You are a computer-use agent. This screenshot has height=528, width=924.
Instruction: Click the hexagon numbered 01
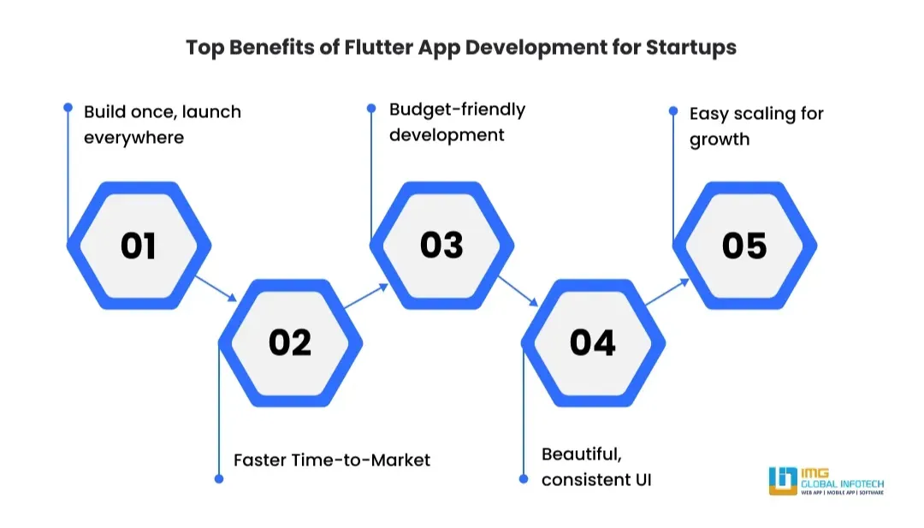(x=139, y=245)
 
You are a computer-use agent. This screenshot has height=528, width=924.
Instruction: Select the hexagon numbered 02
(x=291, y=343)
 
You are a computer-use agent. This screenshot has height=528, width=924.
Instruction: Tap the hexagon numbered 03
(x=442, y=245)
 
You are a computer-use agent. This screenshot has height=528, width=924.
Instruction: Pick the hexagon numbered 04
(x=594, y=343)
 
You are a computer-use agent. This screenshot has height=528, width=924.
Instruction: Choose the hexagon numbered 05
(x=745, y=245)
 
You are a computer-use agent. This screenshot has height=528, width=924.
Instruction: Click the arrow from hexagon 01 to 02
(x=216, y=288)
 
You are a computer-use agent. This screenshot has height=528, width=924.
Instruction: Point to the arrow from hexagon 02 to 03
(x=366, y=296)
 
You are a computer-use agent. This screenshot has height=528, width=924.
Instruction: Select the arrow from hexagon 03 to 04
(x=518, y=290)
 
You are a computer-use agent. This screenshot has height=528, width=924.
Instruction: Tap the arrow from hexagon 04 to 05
(x=667, y=292)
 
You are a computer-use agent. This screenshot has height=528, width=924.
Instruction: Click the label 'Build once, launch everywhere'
(x=163, y=124)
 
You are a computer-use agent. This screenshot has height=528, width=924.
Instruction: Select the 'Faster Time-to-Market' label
(x=332, y=460)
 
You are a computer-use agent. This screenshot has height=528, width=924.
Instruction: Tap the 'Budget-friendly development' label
(x=457, y=122)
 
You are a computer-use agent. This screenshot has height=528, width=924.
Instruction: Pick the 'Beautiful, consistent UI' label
(x=596, y=466)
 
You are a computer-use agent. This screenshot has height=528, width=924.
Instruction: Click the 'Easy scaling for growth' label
(x=756, y=126)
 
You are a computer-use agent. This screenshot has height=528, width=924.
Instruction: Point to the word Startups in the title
(x=691, y=48)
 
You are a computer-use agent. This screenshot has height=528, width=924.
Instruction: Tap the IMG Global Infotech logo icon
(x=783, y=480)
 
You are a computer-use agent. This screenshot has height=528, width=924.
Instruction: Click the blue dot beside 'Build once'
(x=68, y=107)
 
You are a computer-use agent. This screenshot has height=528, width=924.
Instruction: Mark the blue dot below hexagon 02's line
(x=219, y=479)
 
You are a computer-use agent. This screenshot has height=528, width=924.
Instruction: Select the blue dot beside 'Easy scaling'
(x=673, y=110)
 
